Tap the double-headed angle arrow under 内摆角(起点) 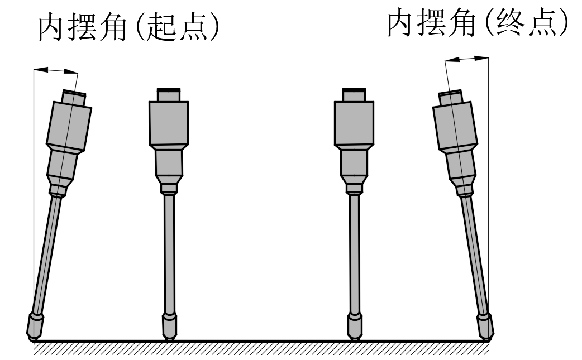[56, 70]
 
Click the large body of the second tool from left [169, 123]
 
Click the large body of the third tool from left [354, 123]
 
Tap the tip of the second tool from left [169, 337]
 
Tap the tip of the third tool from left [354, 337]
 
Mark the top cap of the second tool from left [169, 94]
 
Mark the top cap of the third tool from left [354, 94]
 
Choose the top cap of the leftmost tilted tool [73, 98]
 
